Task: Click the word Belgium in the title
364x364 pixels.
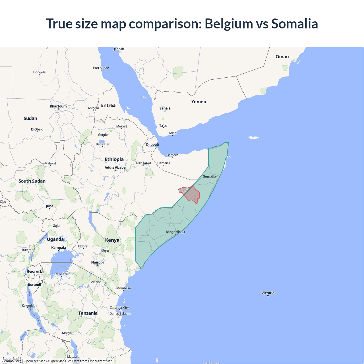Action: click(x=229, y=24)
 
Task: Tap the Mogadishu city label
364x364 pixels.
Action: click(x=175, y=232)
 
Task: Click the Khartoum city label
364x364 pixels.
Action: click(x=58, y=106)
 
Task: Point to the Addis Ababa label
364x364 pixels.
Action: click(x=115, y=167)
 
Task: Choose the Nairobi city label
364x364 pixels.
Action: click(x=97, y=262)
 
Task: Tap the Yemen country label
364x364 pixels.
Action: click(x=198, y=102)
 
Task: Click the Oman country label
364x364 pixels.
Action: click(x=282, y=57)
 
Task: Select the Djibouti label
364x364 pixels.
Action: click(x=152, y=144)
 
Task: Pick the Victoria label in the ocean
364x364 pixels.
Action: click(x=268, y=293)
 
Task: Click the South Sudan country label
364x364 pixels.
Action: click(x=32, y=181)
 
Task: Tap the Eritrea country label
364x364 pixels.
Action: click(x=108, y=106)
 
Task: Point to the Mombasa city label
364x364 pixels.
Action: click(x=123, y=288)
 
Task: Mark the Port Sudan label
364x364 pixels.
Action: click(x=101, y=68)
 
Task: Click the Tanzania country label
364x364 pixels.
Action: click(x=88, y=313)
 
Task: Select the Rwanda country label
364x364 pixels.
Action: click(x=35, y=272)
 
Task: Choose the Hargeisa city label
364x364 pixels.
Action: click(x=164, y=163)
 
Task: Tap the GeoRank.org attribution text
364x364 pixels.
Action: click(x=11, y=361)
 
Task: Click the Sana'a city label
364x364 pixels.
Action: click(x=165, y=108)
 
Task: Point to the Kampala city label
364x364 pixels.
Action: click(x=59, y=248)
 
